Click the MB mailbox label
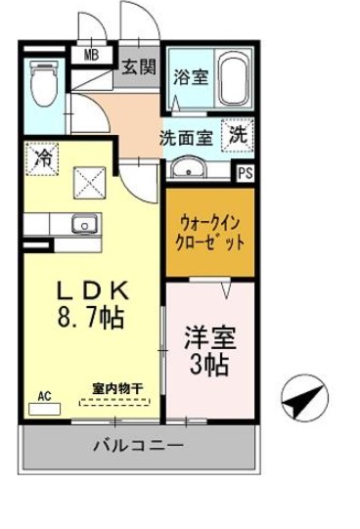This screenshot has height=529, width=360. click(x=92, y=55)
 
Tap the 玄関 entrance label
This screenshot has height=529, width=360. click(x=137, y=67)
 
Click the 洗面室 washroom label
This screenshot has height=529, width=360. click(x=186, y=138)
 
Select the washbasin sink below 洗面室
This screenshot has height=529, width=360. click(x=189, y=168)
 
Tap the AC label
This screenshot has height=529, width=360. click(x=44, y=395)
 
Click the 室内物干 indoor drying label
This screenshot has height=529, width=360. click(x=116, y=388)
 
